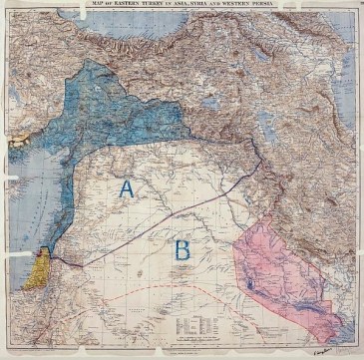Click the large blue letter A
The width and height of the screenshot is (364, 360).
tap(127, 187)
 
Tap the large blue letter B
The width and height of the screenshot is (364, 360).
tap(182, 249)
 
